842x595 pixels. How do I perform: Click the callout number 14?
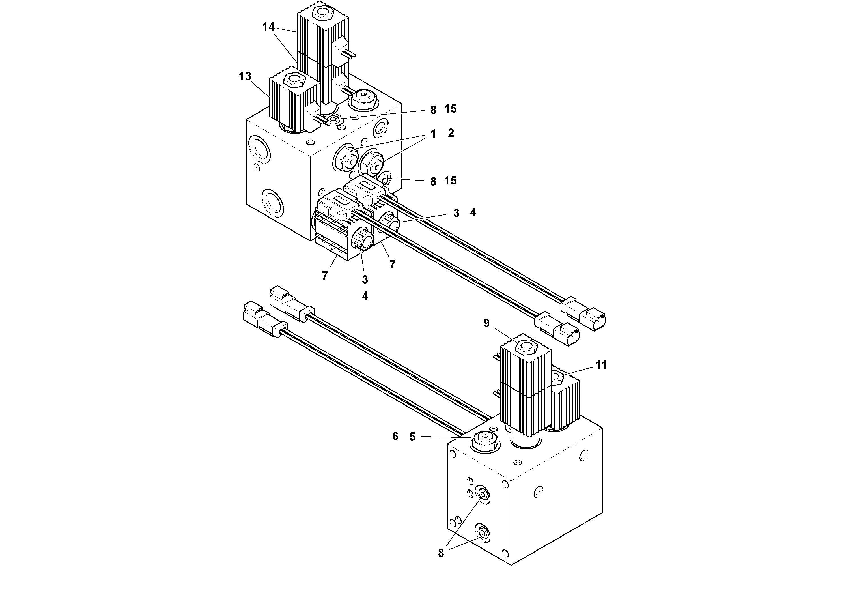(x=268, y=27)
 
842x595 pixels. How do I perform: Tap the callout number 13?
(x=245, y=76)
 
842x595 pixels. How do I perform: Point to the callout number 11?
(x=601, y=365)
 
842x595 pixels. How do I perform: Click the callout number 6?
(x=395, y=436)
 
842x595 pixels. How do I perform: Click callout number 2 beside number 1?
(x=451, y=133)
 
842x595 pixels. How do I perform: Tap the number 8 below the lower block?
(x=441, y=563)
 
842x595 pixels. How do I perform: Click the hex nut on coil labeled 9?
(x=527, y=347)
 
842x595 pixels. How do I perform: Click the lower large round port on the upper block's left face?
(x=272, y=203)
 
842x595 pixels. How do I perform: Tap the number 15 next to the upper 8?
(x=450, y=109)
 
